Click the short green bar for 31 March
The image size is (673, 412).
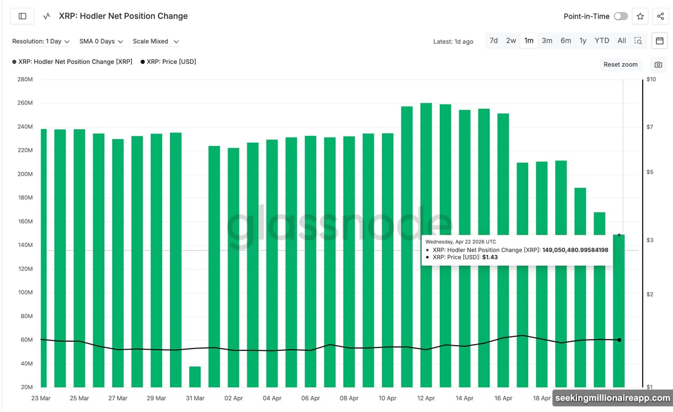click(195, 376)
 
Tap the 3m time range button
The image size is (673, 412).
click(547, 40)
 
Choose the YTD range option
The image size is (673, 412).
click(602, 40)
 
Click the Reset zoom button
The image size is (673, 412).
click(620, 65)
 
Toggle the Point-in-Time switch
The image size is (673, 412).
click(620, 16)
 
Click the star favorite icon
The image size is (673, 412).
click(640, 16)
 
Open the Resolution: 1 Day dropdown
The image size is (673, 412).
click(41, 42)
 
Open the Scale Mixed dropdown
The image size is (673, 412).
click(156, 42)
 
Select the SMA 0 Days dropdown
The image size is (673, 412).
click(101, 42)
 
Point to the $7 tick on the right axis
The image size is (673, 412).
click(651, 127)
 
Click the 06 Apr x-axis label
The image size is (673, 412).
click(311, 398)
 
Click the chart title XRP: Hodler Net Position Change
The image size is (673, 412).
click(123, 16)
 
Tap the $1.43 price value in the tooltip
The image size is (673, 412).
click(490, 257)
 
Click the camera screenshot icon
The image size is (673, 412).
click(658, 65)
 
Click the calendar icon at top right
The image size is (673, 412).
click(660, 40)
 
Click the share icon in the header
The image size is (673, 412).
click(660, 16)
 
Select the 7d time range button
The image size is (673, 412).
click(494, 40)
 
